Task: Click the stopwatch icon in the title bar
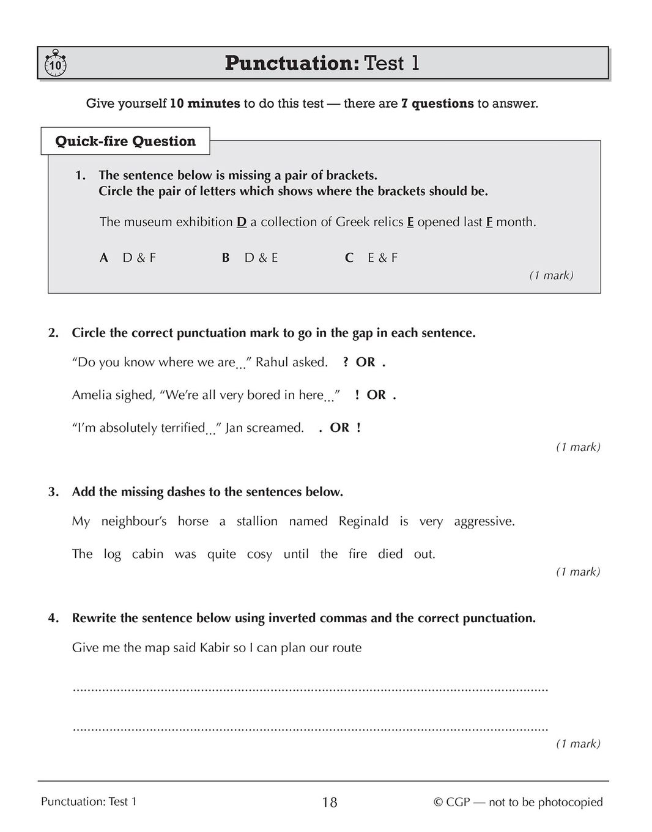[55, 64]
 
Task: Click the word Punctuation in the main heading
[292, 63]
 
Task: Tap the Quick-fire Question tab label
[125, 141]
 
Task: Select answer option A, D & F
[128, 258]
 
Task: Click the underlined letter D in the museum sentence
[242, 222]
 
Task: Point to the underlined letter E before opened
[410, 222]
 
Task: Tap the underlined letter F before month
[489, 222]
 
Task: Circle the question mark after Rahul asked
[346, 362]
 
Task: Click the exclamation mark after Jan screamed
[358, 428]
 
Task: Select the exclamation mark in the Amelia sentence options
[357, 395]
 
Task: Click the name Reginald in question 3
[363, 521]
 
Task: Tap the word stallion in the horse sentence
[257, 521]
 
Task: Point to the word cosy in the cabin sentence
[259, 554]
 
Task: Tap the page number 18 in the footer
[329, 803]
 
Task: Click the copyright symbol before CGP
[438, 803]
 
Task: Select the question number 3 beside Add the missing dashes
[53, 492]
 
